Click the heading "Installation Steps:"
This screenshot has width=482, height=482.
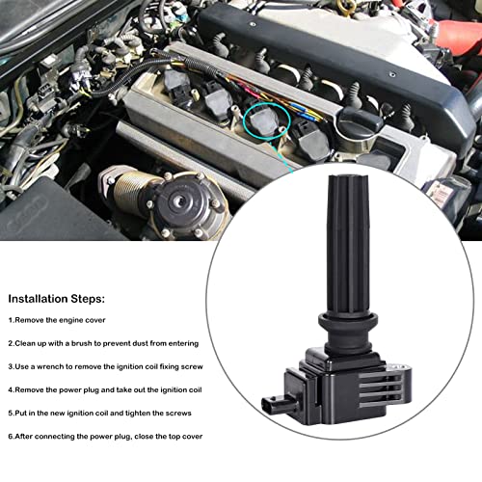pyautogui.click(x=57, y=300)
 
